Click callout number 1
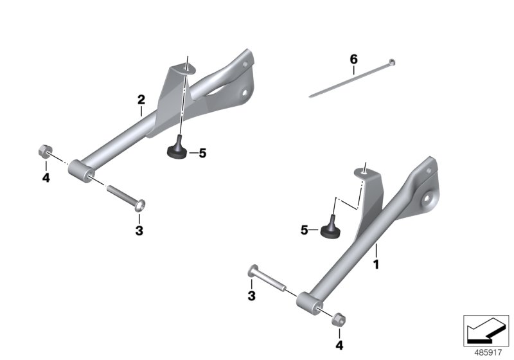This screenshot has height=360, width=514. (x=377, y=264)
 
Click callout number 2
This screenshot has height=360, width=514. (x=141, y=100)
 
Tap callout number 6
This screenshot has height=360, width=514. (x=353, y=60)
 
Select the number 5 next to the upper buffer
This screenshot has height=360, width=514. (x=202, y=153)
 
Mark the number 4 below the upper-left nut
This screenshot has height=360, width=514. (x=46, y=177)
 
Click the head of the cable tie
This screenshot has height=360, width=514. (x=391, y=62)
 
